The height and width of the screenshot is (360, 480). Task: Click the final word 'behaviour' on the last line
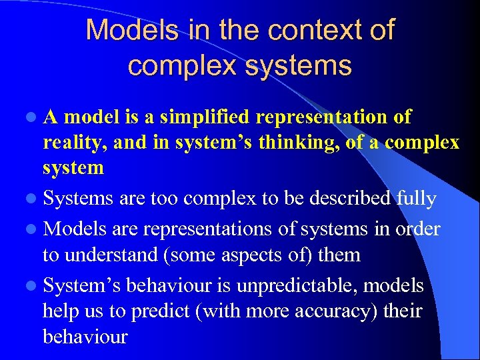(85, 336)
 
